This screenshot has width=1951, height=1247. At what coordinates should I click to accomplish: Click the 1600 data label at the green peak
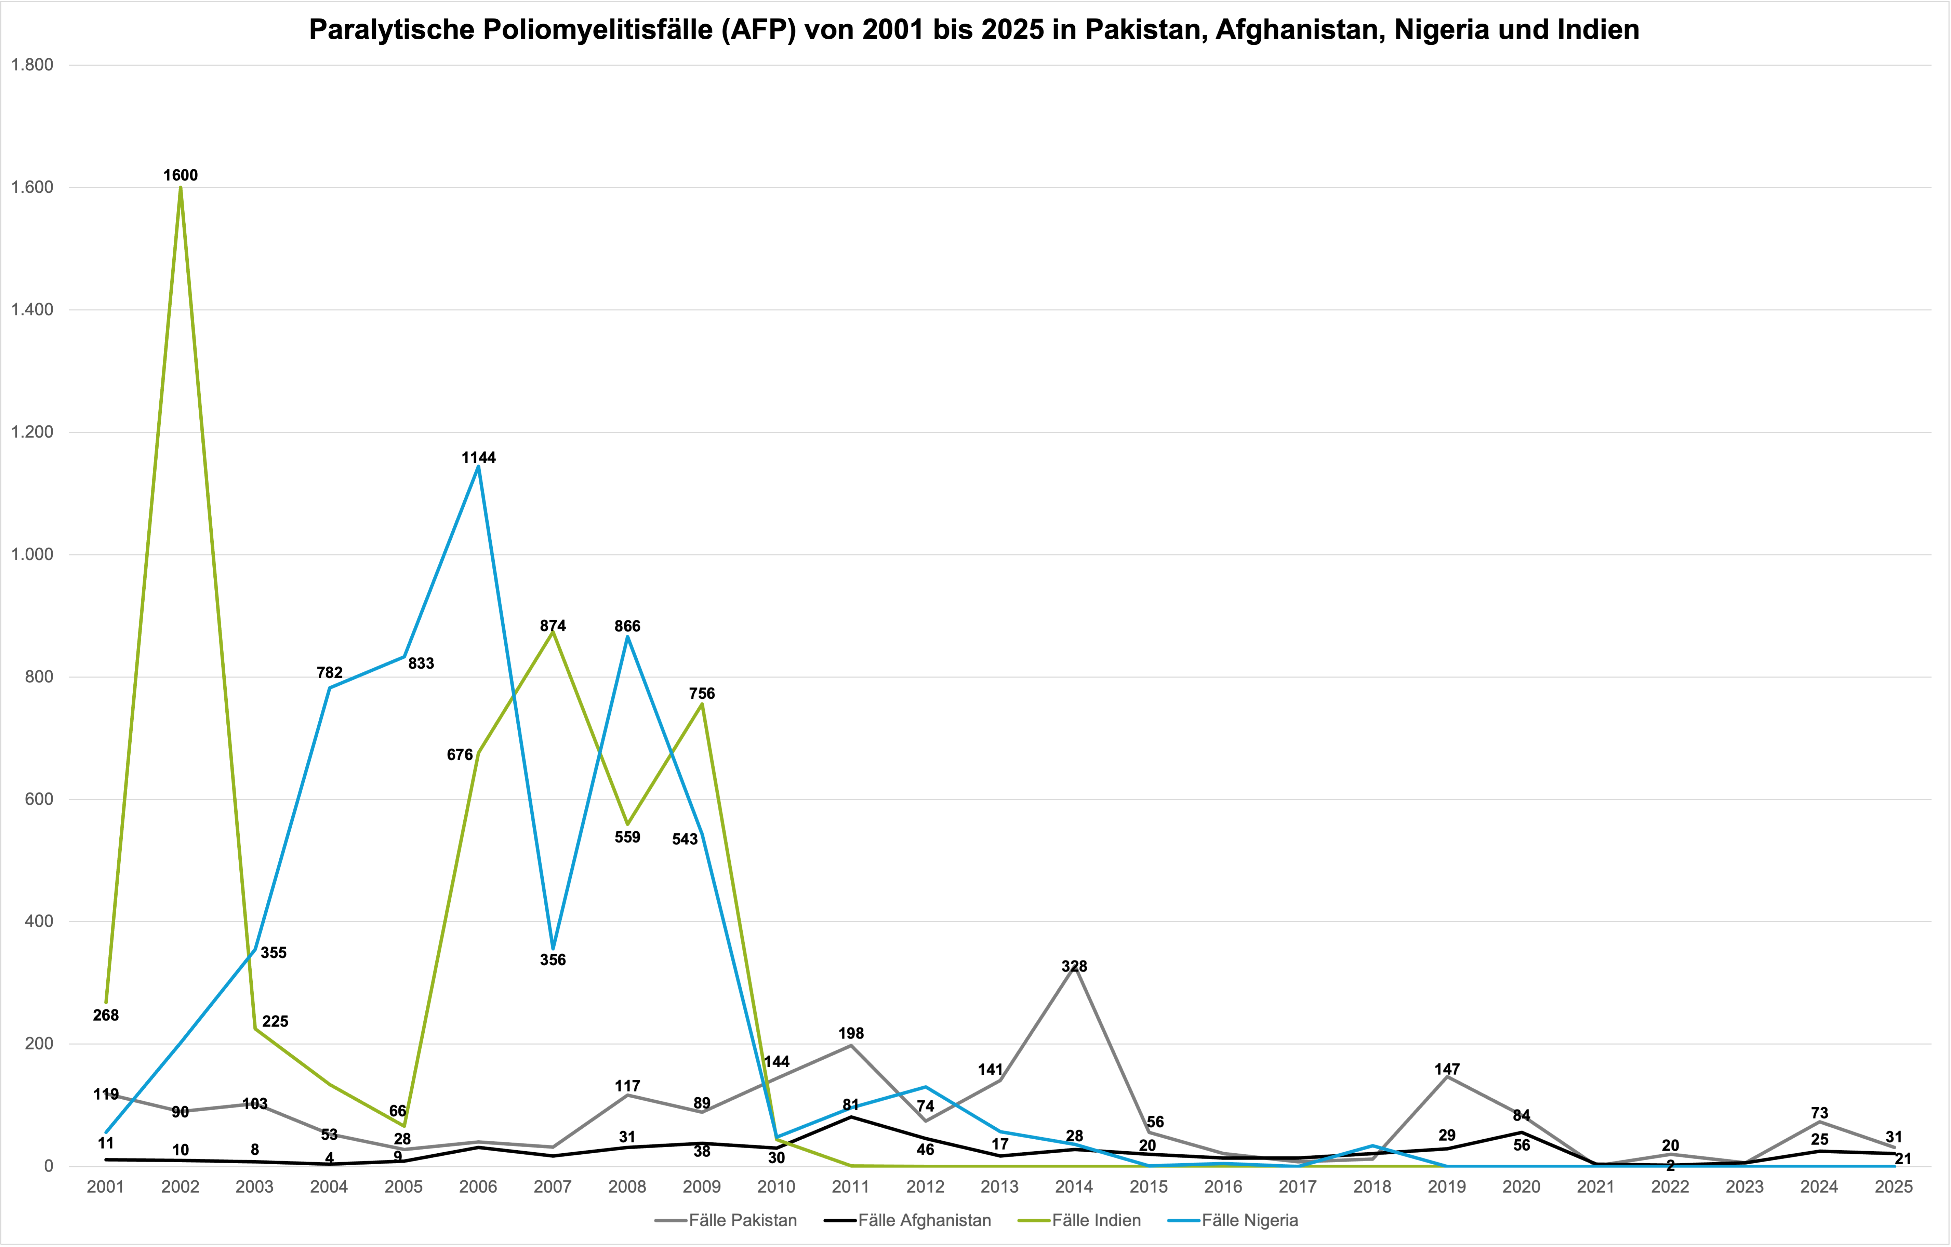coord(180,175)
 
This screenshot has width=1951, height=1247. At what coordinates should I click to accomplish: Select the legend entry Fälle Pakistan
coord(727,1220)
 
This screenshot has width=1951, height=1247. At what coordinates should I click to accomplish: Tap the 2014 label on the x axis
coord(1074,1187)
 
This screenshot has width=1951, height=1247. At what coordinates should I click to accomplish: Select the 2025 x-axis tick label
coord(1894,1187)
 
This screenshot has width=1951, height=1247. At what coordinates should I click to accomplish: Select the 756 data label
coord(702,694)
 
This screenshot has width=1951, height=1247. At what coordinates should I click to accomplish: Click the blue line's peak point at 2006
coord(478,467)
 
